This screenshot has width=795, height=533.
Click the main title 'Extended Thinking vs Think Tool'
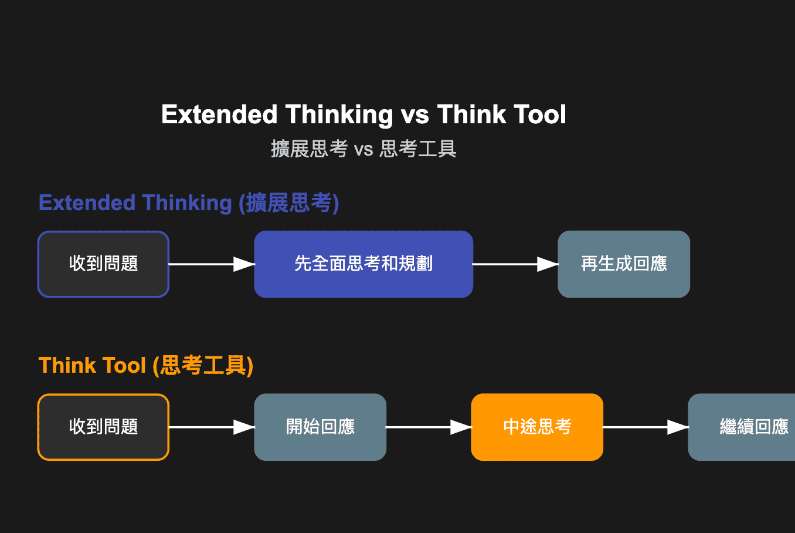pyautogui.click(x=363, y=114)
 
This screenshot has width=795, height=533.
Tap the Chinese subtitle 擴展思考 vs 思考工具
pyautogui.click(x=363, y=149)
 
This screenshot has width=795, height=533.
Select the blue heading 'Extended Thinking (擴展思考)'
pyautogui.click(x=189, y=203)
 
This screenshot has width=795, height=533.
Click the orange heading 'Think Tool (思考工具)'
pyautogui.click(x=146, y=366)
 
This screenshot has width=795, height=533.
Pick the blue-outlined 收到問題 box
pyautogui.click(x=103, y=264)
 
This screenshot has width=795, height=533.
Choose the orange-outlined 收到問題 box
pyautogui.click(x=103, y=427)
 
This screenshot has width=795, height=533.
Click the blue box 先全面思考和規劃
pyautogui.click(x=363, y=264)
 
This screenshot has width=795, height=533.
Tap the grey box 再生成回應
pyautogui.click(x=624, y=264)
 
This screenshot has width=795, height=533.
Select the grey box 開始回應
pyautogui.click(x=320, y=427)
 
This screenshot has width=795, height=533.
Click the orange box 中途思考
pyautogui.click(x=537, y=427)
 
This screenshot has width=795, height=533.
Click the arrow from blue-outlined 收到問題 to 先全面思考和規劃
pyautogui.click(x=211, y=264)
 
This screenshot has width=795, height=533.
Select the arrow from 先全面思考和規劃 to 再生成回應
pyautogui.click(x=515, y=264)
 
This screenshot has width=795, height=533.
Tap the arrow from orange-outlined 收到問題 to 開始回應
pyautogui.click(x=211, y=427)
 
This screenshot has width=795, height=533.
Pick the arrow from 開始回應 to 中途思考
pyautogui.click(x=428, y=427)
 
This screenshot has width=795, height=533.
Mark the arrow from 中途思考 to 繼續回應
pyautogui.click(x=645, y=427)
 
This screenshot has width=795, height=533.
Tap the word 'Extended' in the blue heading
pyautogui.click(x=87, y=203)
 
